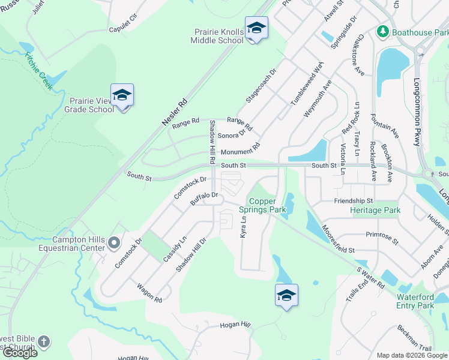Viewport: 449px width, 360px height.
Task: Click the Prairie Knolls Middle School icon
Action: pos(256,28)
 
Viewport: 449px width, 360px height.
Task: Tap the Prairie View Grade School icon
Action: pos(122,95)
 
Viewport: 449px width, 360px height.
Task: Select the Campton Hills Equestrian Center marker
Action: pos(115,243)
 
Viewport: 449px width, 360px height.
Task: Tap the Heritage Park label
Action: pos(375,211)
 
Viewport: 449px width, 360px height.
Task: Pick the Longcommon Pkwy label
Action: pos(417,112)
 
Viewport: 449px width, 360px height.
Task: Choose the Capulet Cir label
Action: pos(123,29)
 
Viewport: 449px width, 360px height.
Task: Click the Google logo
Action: pos(20,353)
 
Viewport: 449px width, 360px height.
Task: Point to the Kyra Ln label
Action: pos(244,227)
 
